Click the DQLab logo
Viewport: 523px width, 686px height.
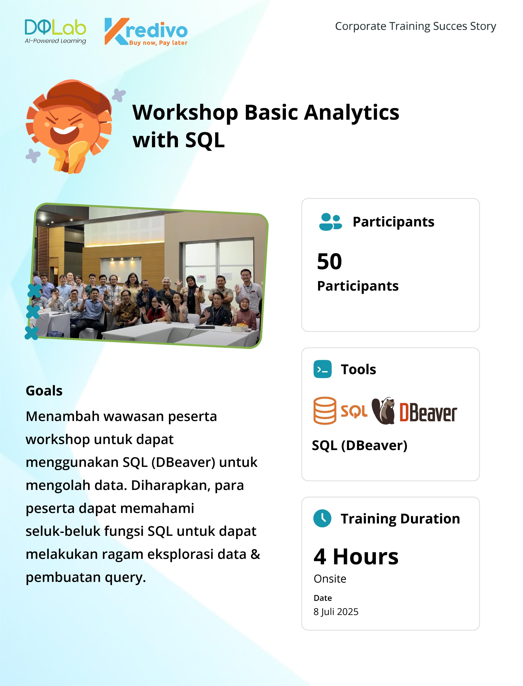(x=55, y=31)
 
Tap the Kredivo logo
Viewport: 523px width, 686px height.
(x=146, y=31)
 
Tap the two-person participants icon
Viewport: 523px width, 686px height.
(x=330, y=222)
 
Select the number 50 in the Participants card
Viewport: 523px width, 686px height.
(x=329, y=262)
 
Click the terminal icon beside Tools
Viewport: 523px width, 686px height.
(x=322, y=369)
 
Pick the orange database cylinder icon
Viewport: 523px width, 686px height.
(x=325, y=411)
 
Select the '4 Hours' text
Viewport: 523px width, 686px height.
(x=356, y=557)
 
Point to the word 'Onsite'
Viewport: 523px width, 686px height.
(x=330, y=579)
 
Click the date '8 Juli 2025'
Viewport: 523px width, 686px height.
(x=336, y=612)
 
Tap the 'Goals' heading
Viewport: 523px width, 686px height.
(x=44, y=391)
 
